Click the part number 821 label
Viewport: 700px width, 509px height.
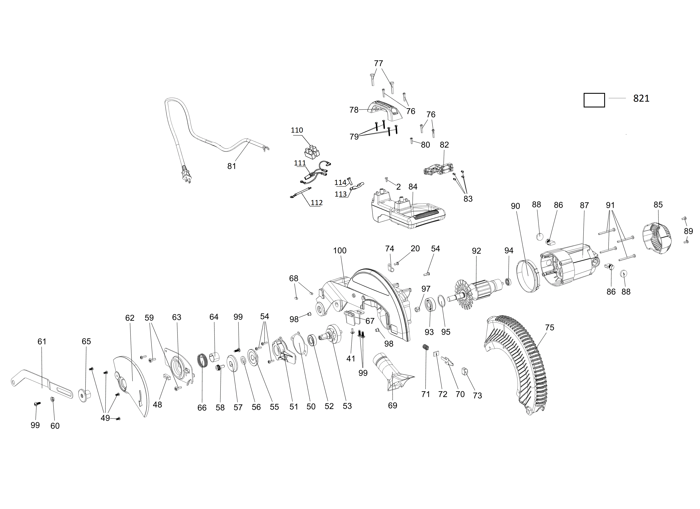pos(641,99)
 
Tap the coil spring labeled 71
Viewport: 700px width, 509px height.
pos(426,347)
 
